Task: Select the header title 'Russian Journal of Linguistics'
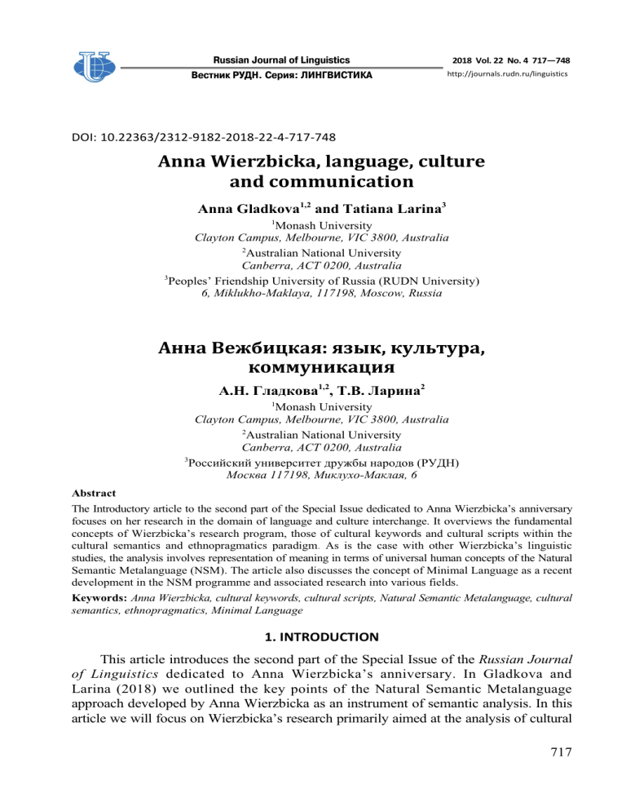[281, 60]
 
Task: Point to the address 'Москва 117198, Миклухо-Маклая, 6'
[313, 475]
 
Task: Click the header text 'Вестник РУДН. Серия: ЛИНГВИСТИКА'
[281, 75]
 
